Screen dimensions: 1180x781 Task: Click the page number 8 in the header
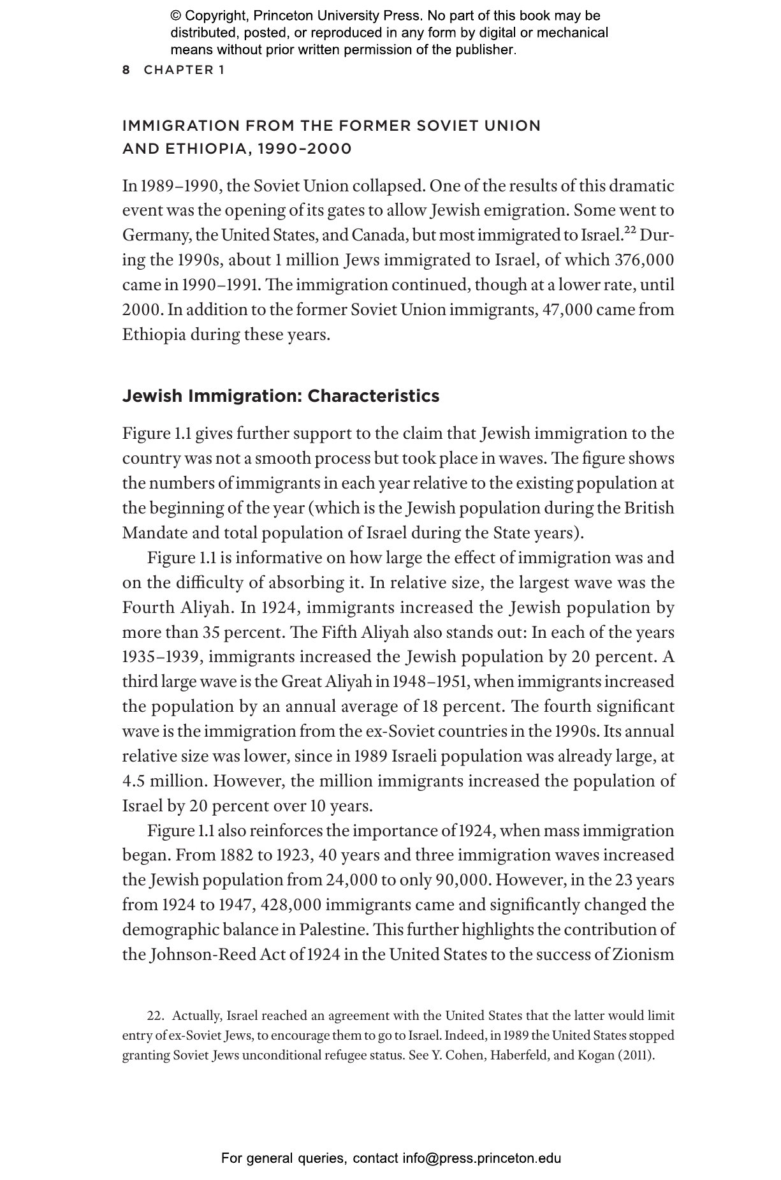click(126, 70)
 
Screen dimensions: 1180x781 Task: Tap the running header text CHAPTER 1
click(184, 70)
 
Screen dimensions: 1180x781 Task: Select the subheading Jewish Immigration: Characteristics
click(281, 396)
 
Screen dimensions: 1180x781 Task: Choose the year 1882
click(235, 855)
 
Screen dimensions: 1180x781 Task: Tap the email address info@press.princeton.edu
click(481, 1158)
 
